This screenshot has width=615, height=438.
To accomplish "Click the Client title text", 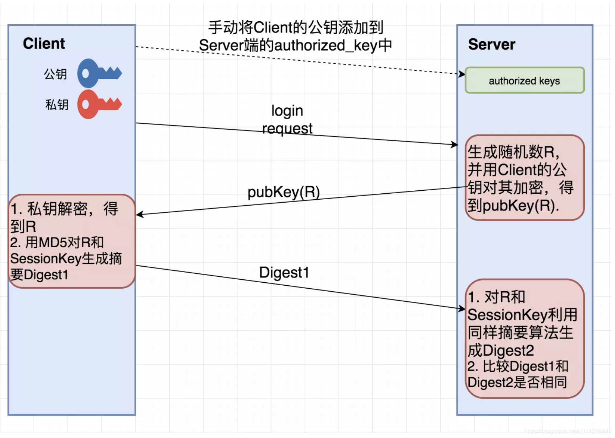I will click(x=44, y=44).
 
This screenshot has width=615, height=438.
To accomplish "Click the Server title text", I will click(x=491, y=44).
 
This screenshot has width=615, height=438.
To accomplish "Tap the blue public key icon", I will click(x=99, y=73).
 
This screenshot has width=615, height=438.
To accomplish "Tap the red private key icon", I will click(x=99, y=104).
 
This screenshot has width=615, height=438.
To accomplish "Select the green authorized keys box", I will click(x=524, y=80).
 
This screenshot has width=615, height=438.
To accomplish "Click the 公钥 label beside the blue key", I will click(x=55, y=74).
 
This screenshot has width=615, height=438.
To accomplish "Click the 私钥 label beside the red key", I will click(x=57, y=105).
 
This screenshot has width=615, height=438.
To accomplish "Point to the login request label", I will click(x=287, y=119).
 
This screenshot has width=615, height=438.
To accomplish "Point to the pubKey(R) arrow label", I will click(x=284, y=192).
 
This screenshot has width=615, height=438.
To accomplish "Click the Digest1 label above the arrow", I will click(x=284, y=273).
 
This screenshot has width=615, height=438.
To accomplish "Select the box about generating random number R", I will click(x=524, y=178).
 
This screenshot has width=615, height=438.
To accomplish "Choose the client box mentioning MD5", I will click(x=72, y=241).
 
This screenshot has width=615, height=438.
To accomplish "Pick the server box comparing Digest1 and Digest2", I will click(x=524, y=339).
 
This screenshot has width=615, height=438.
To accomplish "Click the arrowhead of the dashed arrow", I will click(x=462, y=74).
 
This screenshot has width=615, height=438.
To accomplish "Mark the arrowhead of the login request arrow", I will click(x=455, y=145).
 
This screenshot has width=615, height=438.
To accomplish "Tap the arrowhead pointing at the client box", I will click(x=140, y=215).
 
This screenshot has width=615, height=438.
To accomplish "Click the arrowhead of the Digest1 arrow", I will click(x=462, y=308).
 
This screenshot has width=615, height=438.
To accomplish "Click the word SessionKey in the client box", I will click(x=45, y=258).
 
